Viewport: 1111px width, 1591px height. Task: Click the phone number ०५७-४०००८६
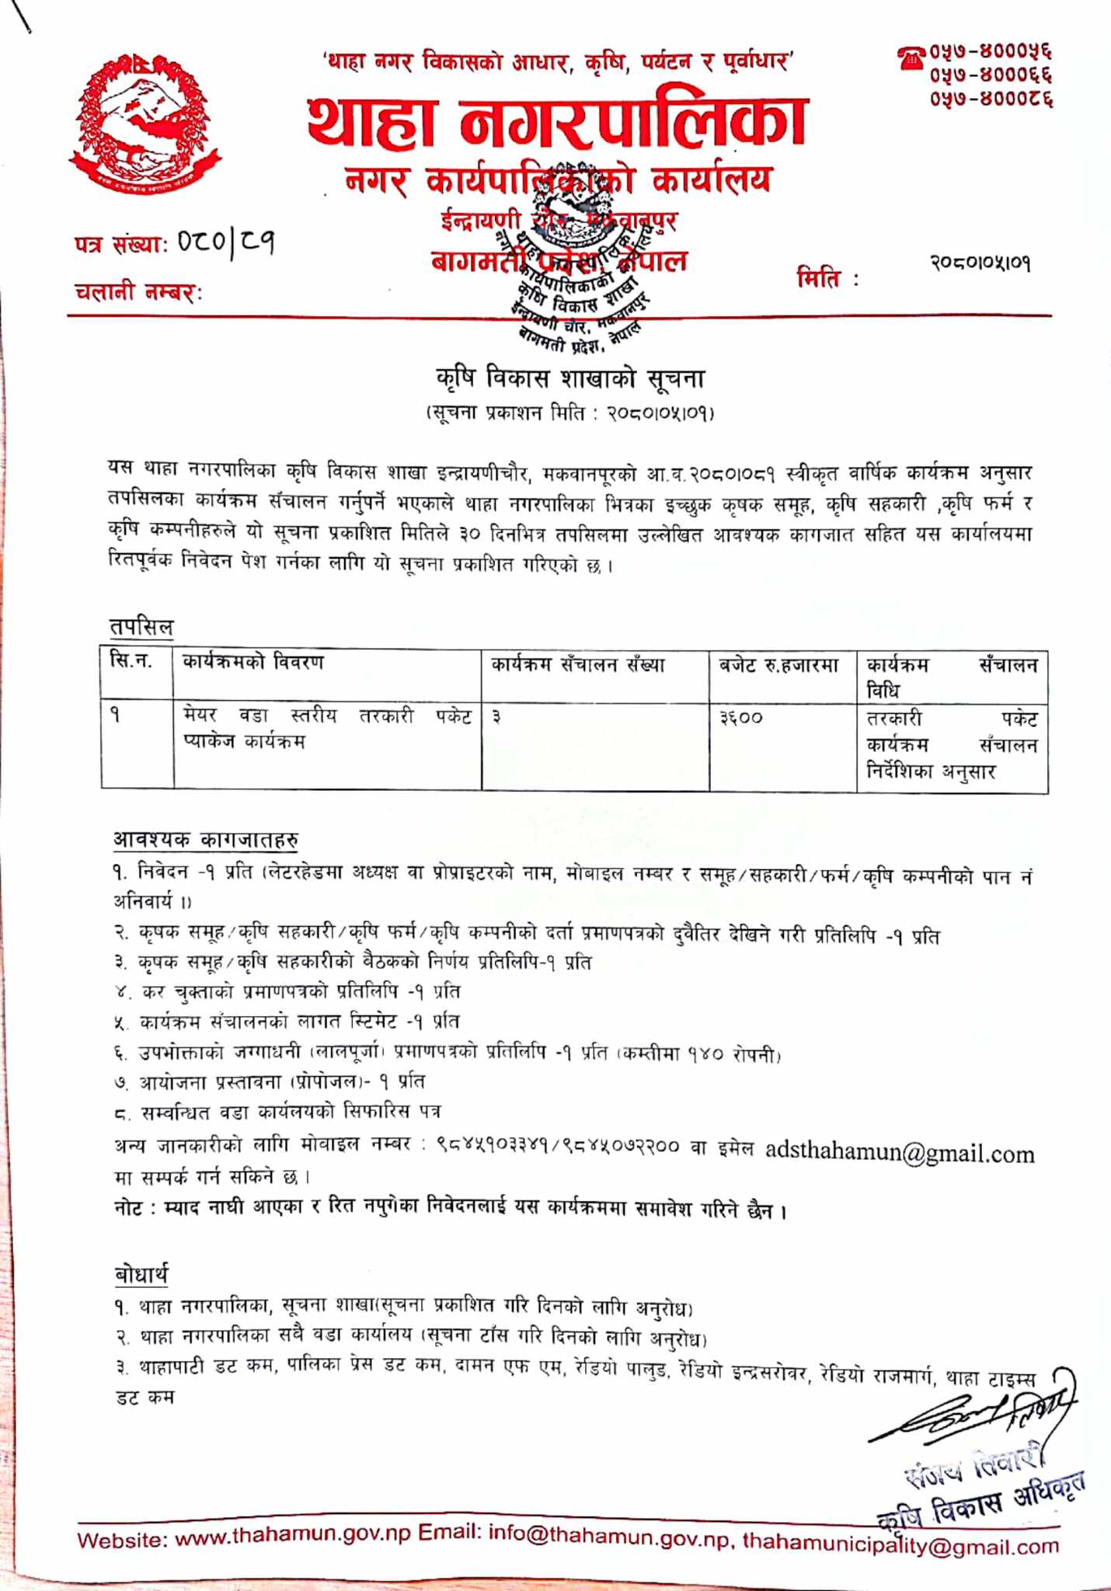click(991, 100)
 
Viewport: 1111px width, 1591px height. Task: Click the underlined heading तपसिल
click(141, 626)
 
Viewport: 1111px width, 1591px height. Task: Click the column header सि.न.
click(131, 663)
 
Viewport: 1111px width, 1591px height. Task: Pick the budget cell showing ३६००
click(741, 719)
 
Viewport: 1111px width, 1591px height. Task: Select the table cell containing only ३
click(496, 718)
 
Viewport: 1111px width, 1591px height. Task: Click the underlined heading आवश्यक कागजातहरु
click(206, 839)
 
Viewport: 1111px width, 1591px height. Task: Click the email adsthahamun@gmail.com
click(900, 1153)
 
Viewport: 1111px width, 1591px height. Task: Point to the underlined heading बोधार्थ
click(141, 1276)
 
